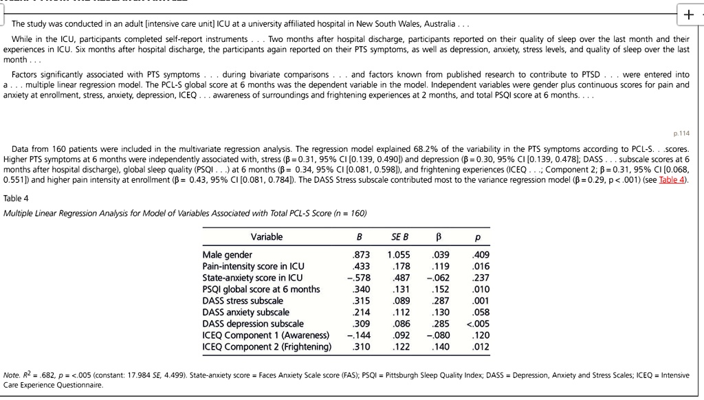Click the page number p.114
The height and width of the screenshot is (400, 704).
(x=682, y=133)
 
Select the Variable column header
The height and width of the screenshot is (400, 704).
(x=267, y=237)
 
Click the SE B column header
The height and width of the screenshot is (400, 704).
(x=400, y=237)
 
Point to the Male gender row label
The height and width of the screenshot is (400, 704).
(x=228, y=255)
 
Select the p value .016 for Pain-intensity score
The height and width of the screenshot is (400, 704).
(x=481, y=266)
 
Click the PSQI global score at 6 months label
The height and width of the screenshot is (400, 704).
(x=261, y=289)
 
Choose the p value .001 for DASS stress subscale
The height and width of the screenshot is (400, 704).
(x=481, y=300)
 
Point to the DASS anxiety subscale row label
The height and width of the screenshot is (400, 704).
(x=246, y=312)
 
